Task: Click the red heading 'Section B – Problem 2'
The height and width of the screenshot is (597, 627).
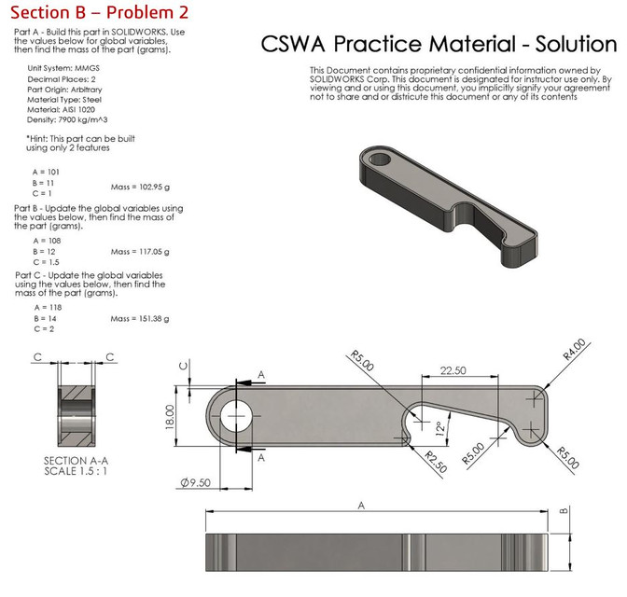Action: pyautogui.click(x=99, y=12)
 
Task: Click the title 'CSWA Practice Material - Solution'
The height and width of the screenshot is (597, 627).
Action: pyautogui.click(x=439, y=44)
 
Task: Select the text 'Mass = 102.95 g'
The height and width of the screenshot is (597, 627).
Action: pyautogui.click(x=140, y=187)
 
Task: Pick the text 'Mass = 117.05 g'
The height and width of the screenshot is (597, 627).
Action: pyautogui.click(x=140, y=252)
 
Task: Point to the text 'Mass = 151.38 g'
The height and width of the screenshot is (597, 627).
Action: pyautogui.click(x=140, y=319)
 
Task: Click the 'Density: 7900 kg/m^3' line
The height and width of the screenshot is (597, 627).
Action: pyautogui.click(x=67, y=119)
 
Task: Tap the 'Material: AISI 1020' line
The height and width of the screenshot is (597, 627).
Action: pyautogui.click(x=62, y=109)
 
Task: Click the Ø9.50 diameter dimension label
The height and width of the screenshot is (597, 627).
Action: pyautogui.click(x=196, y=482)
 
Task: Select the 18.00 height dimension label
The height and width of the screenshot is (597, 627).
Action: pyautogui.click(x=170, y=417)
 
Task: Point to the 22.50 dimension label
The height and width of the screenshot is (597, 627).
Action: pyautogui.click(x=453, y=370)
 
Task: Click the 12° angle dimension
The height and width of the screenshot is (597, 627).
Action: pyautogui.click(x=439, y=428)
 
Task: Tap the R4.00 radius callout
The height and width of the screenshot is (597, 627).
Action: pyautogui.click(x=574, y=349)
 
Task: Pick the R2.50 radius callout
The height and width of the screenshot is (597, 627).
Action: pyautogui.click(x=436, y=462)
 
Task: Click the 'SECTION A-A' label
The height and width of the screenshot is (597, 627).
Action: pyautogui.click(x=76, y=461)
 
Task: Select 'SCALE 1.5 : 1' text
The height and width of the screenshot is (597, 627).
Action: pyautogui.click(x=76, y=471)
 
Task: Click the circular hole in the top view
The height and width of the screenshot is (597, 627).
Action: pyautogui.click(x=236, y=416)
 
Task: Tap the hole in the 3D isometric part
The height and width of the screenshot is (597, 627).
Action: pyautogui.click(x=380, y=159)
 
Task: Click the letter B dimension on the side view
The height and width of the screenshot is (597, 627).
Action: pyautogui.click(x=564, y=510)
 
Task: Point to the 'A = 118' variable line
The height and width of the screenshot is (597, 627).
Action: pyautogui.click(x=48, y=308)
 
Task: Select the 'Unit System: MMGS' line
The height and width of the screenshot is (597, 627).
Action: pyautogui.click(x=63, y=68)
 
